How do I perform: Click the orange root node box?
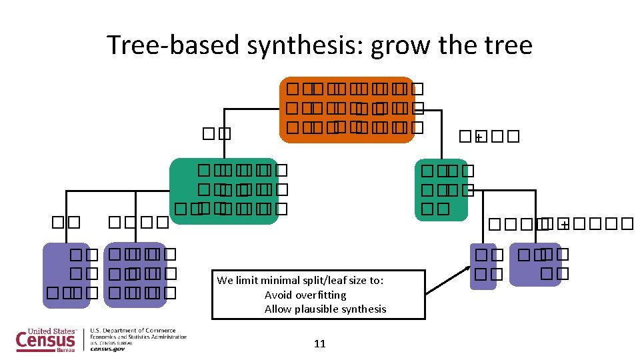(x=347, y=109)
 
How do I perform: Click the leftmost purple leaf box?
(x=66, y=275)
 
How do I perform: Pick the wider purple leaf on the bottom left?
(x=135, y=275)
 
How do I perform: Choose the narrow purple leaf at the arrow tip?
(x=483, y=265)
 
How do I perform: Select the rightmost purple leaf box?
(x=535, y=264)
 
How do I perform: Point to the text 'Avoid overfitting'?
(x=305, y=295)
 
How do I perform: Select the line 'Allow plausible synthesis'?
(x=325, y=309)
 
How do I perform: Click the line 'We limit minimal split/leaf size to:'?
(x=300, y=280)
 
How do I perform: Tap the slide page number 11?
(x=319, y=343)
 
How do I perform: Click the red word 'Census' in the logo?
(x=45, y=341)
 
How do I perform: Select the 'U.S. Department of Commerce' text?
(x=133, y=330)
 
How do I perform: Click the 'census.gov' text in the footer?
(x=107, y=348)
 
